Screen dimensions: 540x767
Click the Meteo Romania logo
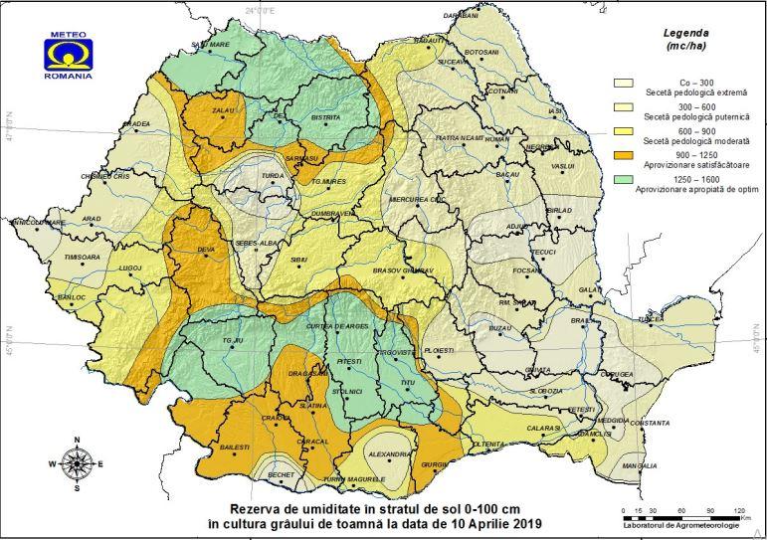(69, 59)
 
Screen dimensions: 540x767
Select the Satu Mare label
(211, 45)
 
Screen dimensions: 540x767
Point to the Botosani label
(481, 52)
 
